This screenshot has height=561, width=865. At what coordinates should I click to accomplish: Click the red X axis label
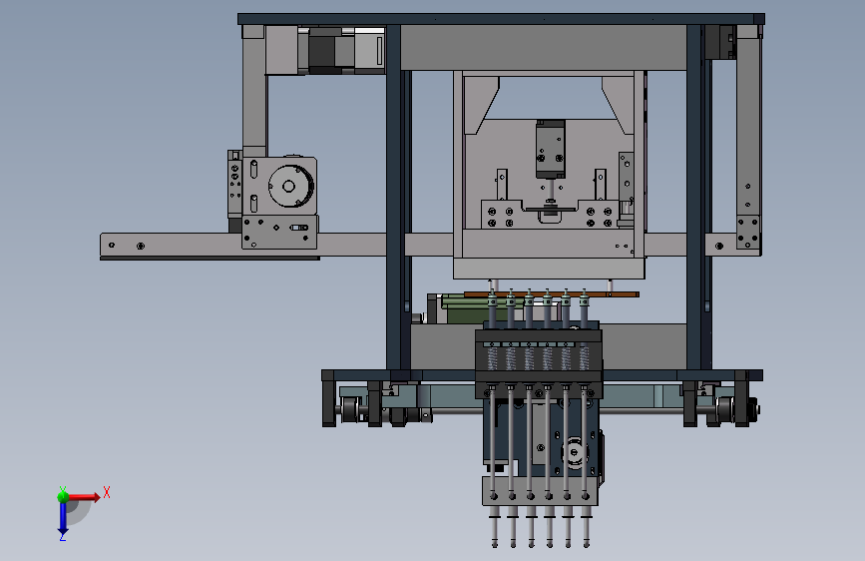click(x=107, y=492)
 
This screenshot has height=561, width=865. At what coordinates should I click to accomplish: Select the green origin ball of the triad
click(x=63, y=496)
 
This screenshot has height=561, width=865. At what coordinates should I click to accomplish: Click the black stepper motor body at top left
click(x=321, y=49)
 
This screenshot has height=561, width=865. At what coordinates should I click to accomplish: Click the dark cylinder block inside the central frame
click(x=550, y=149)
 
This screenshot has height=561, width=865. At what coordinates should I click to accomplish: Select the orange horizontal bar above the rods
click(x=551, y=294)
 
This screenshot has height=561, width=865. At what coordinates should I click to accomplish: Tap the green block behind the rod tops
click(x=469, y=308)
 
